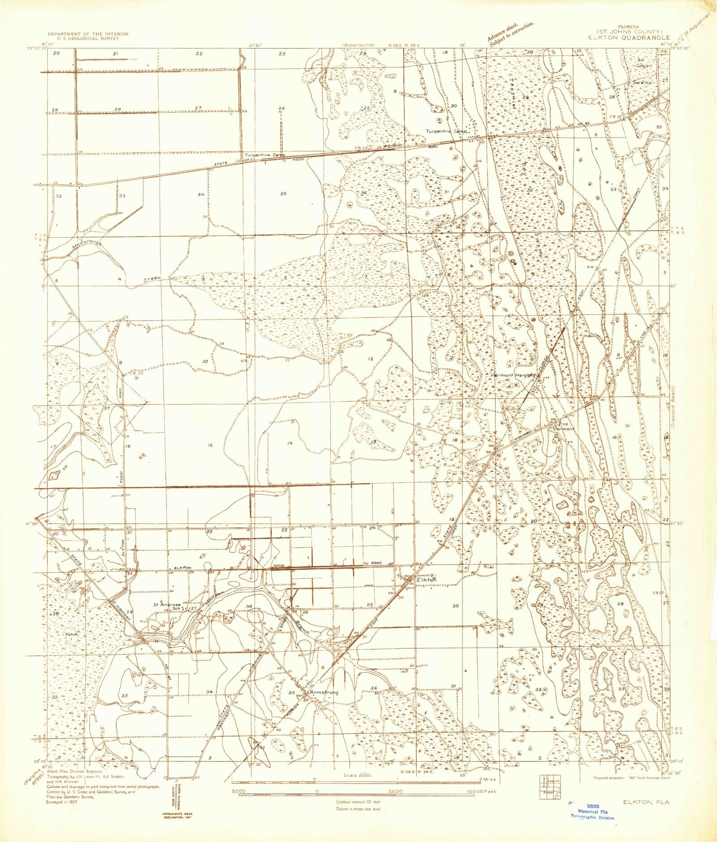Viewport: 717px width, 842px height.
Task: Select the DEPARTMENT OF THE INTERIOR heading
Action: tap(88, 34)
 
